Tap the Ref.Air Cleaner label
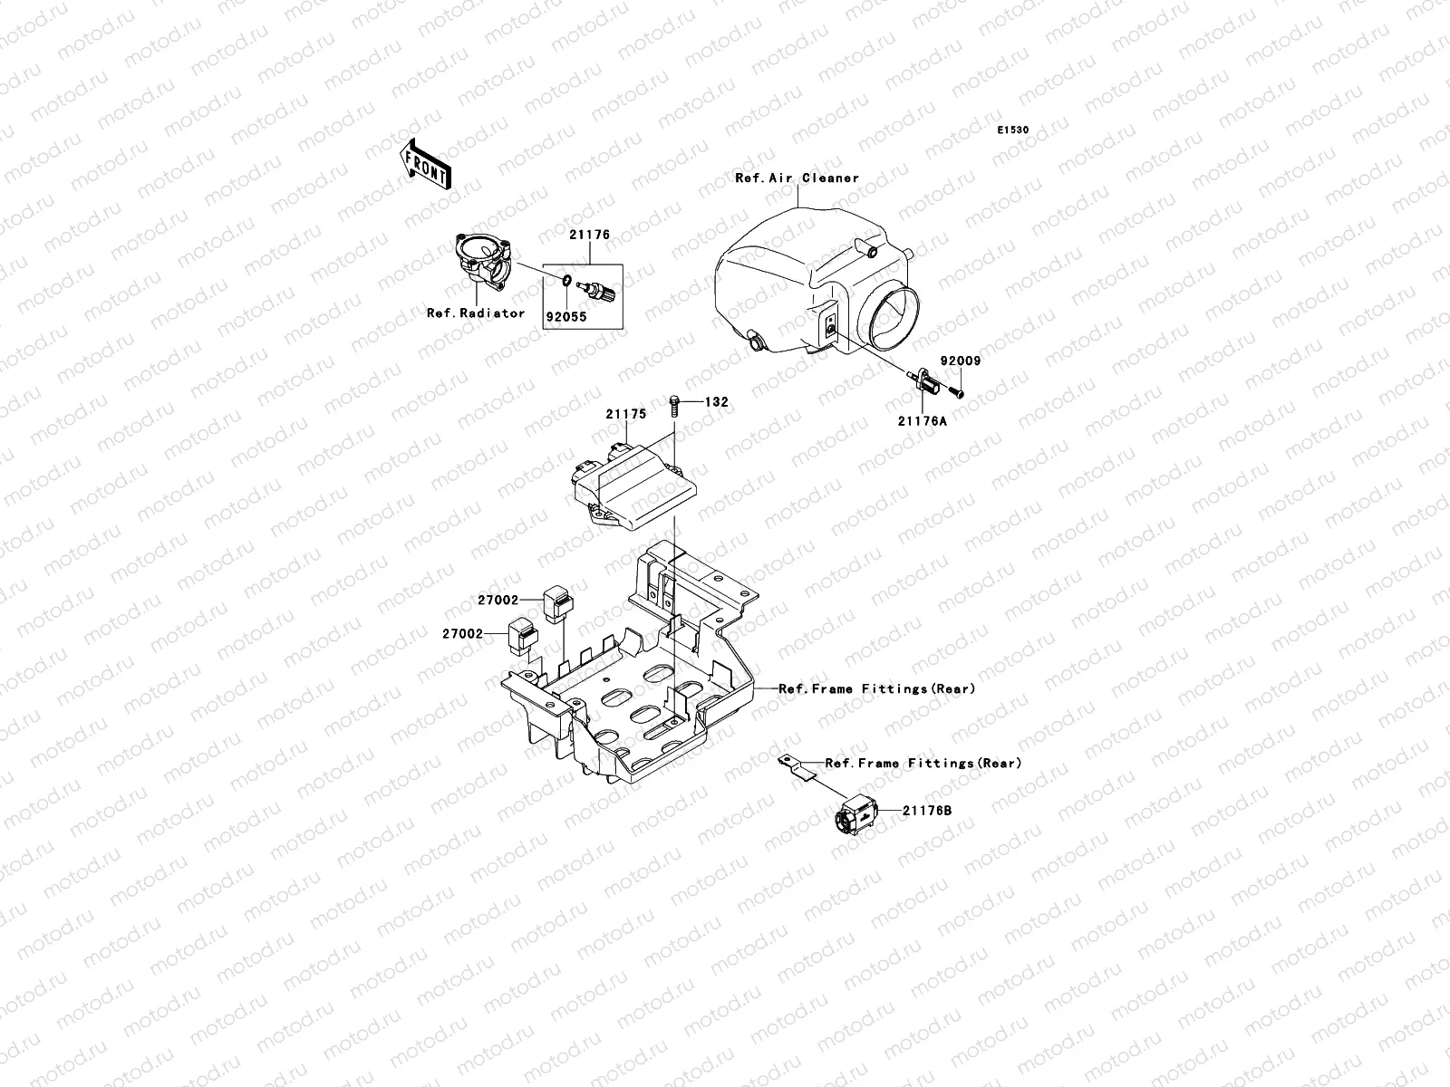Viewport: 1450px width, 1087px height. (797, 178)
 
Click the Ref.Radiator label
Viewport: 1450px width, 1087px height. (476, 313)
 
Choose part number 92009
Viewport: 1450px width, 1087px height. (960, 361)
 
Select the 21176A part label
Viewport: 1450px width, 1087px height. (923, 420)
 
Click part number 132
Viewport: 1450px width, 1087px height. (717, 401)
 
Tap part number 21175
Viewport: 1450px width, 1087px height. (626, 414)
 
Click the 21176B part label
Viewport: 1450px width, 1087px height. (927, 811)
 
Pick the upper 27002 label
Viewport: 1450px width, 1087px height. (498, 600)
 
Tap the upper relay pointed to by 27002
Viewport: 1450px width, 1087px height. (556, 601)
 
